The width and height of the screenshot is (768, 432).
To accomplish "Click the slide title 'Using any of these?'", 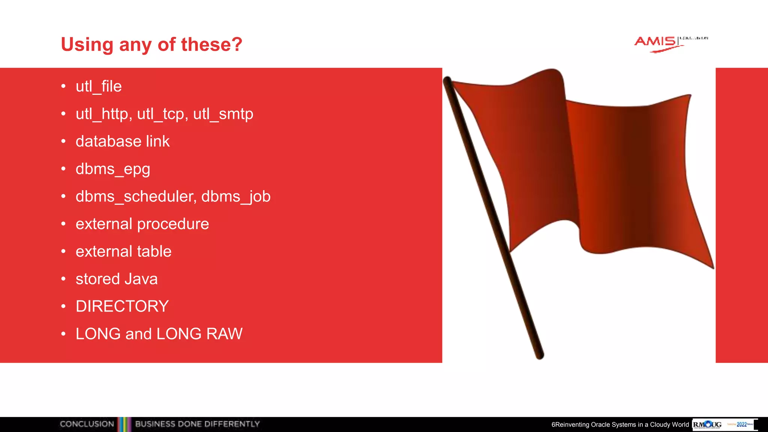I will point(151,45).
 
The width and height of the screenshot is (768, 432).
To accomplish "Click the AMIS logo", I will point(656,42).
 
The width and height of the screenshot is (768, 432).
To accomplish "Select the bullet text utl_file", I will point(99,87).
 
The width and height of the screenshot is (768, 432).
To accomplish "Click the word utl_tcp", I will point(162,114).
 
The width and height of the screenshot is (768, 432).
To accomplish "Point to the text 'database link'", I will point(123,141).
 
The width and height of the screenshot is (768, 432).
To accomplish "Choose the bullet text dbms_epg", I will point(113,169).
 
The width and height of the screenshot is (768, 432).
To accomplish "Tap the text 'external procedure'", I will point(142,224).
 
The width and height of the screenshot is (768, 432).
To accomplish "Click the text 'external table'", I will point(123,251).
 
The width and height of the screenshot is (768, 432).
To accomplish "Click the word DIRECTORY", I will point(122,306).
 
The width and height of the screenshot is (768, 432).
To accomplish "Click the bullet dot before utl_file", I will point(63,87).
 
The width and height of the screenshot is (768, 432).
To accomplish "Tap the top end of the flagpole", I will point(447,80).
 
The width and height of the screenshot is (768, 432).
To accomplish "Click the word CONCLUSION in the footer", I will point(87,424).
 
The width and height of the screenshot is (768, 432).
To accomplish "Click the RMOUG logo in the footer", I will point(707,424).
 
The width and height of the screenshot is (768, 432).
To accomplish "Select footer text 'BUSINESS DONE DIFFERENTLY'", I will point(197,424).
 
